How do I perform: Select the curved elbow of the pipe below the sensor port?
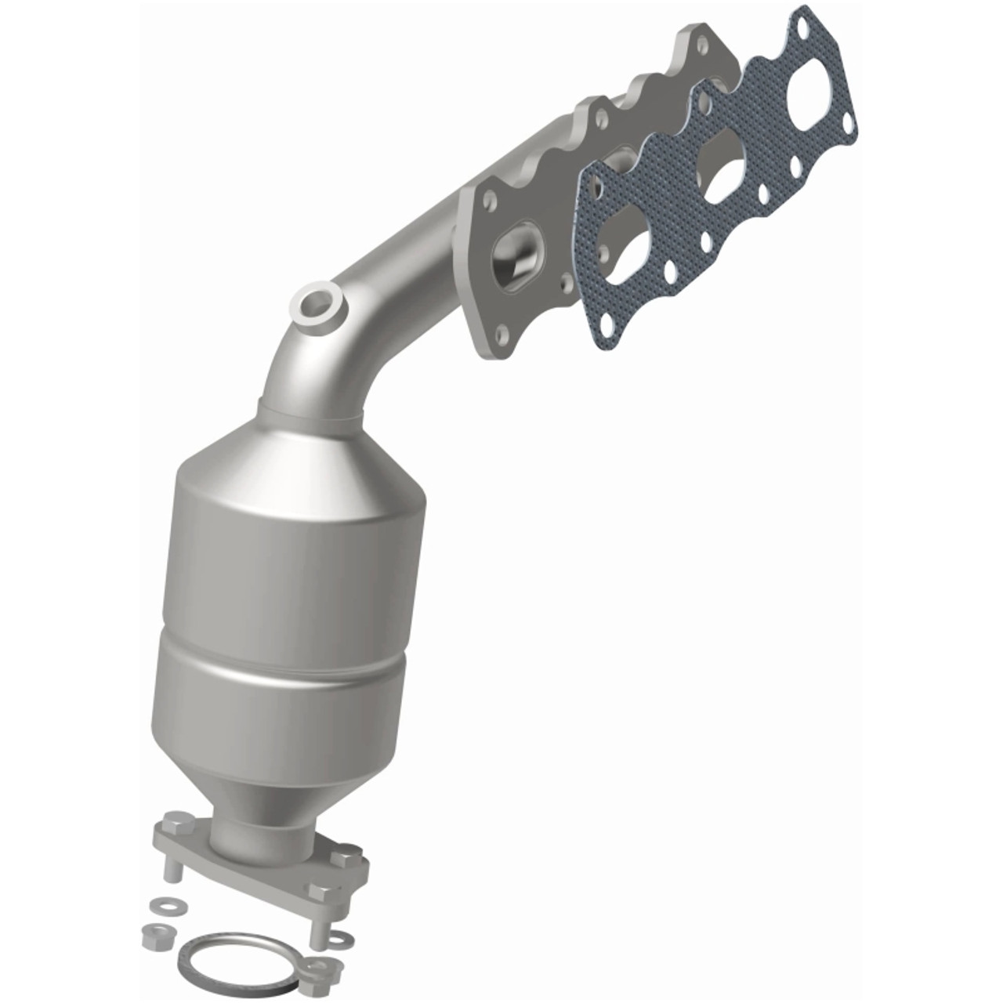313,368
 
